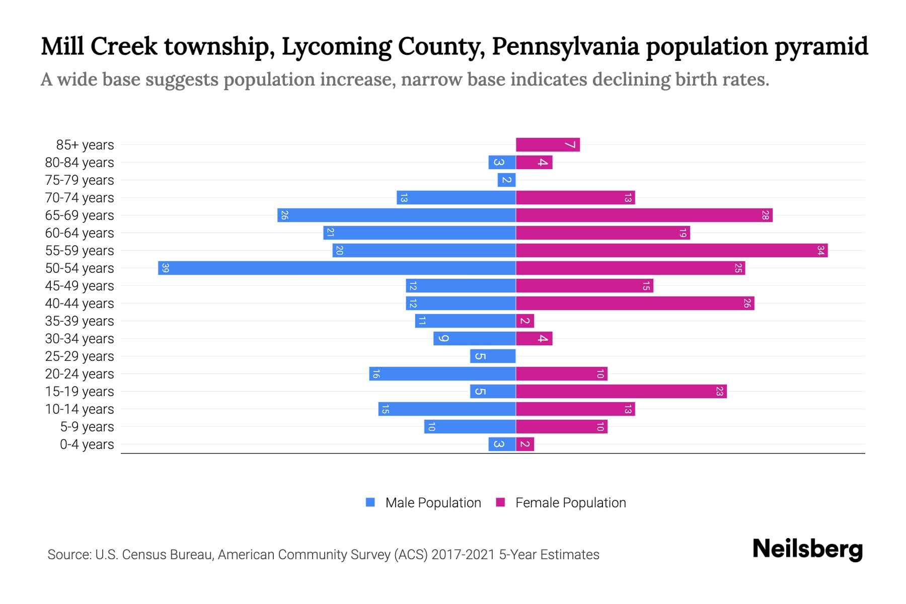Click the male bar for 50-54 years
(x=337, y=268)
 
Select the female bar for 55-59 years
(x=671, y=251)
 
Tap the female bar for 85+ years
(x=548, y=145)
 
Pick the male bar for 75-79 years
(x=506, y=180)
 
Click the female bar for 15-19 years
(x=621, y=392)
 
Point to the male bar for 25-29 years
(x=493, y=356)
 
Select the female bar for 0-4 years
(x=525, y=444)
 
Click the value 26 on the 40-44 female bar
(x=747, y=304)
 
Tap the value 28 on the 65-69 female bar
(x=765, y=215)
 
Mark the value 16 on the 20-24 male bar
(x=376, y=374)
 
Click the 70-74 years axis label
(x=80, y=198)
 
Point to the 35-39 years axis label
(x=80, y=321)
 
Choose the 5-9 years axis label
(x=87, y=427)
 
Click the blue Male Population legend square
(x=370, y=502)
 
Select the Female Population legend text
(x=570, y=503)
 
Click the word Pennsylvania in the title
(x=566, y=46)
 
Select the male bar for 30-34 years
(x=474, y=339)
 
